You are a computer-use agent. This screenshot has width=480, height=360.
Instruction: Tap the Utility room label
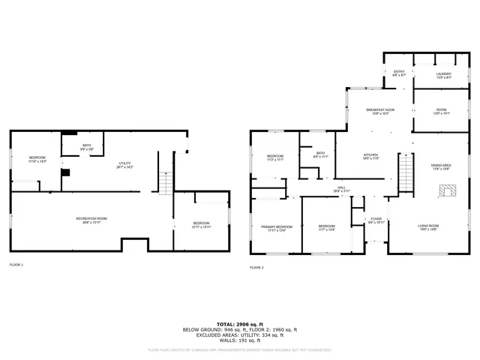click(x=124, y=163)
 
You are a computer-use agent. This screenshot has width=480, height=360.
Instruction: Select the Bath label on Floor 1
click(x=87, y=145)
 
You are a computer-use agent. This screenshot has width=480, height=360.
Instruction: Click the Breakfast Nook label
click(x=380, y=109)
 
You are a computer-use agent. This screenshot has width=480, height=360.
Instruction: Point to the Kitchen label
click(x=371, y=154)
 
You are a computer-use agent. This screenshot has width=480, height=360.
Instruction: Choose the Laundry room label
click(x=444, y=73)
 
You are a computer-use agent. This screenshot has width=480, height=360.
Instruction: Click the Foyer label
click(x=376, y=219)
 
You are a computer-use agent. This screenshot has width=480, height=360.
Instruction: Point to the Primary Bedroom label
click(x=277, y=226)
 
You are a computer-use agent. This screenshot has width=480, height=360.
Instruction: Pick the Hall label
click(x=341, y=187)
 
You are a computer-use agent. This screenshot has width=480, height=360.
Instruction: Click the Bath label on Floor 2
click(x=320, y=153)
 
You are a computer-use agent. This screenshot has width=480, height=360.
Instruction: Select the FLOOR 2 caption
click(x=256, y=268)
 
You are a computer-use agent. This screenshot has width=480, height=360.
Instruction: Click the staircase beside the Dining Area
click(x=406, y=174)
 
